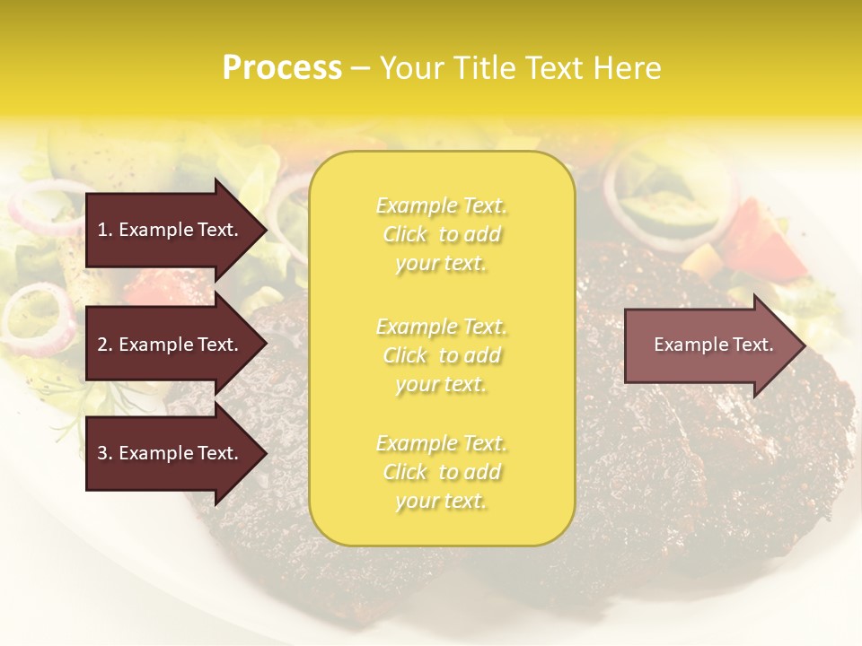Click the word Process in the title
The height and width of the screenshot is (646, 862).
(x=282, y=68)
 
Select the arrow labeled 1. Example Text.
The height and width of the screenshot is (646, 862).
(x=171, y=230)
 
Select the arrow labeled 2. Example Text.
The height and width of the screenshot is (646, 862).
(x=171, y=345)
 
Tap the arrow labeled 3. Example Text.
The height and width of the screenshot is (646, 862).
(x=171, y=453)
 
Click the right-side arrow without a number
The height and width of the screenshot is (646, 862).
(x=709, y=345)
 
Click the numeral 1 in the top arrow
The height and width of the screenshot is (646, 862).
(x=101, y=230)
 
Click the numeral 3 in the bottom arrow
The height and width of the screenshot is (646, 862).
(x=101, y=453)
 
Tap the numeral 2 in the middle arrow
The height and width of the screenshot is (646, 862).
(x=101, y=345)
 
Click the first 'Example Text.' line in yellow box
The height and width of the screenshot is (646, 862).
(x=441, y=206)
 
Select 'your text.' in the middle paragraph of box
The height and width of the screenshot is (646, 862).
(x=441, y=384)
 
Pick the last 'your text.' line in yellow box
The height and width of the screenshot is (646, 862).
(x=441, y=502)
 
